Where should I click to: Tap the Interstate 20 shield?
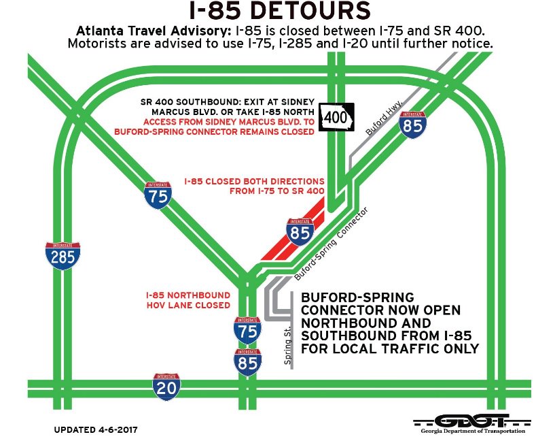point(166,387)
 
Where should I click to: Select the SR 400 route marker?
point(338,118)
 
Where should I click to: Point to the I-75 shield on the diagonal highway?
point(158,195)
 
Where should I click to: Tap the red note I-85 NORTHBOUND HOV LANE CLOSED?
point(187,301)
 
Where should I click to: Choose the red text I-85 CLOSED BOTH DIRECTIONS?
point(254,182)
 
